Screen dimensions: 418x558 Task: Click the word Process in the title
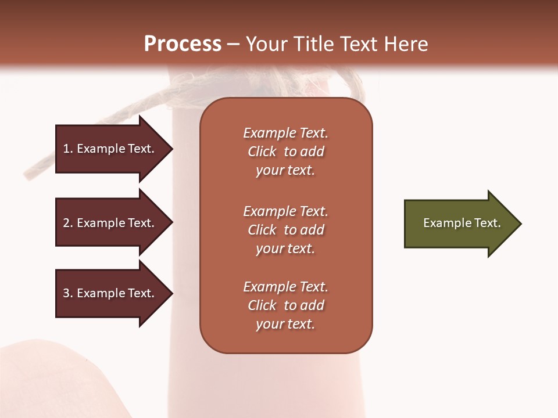click(183, 44)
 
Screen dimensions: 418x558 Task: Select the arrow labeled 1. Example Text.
click(110, 149)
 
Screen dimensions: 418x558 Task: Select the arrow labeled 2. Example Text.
click(110, 223)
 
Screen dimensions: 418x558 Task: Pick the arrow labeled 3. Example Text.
click(110, 293)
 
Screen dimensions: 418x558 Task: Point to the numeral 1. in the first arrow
click(68, 149)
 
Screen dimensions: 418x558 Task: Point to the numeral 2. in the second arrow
click(68, 223)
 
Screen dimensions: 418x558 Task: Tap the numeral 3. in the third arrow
click(68, 293)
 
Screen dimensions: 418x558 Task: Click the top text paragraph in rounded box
click(285, 152)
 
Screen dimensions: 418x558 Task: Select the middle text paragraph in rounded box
click(285, 230)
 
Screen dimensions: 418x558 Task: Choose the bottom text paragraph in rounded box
click(285, 305)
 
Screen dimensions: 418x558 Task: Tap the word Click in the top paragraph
click(262, 152)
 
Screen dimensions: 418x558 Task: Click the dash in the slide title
click(233, 45)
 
